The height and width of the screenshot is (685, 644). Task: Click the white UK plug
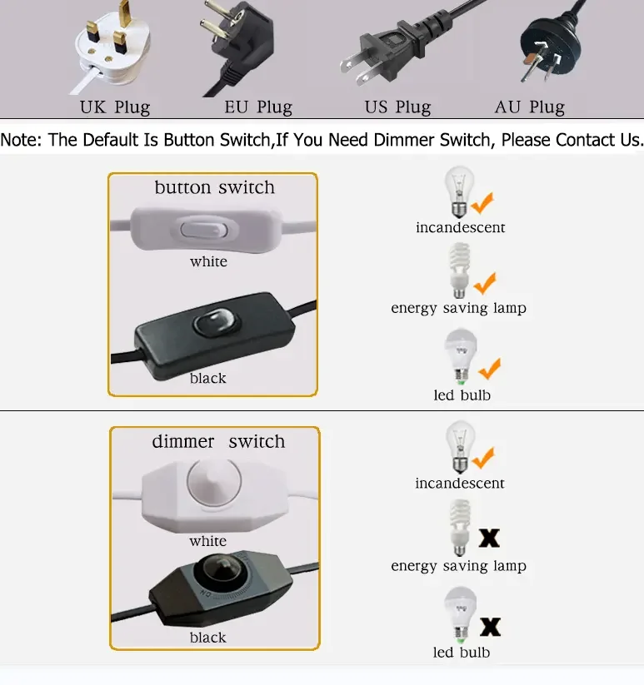tap(112, 48)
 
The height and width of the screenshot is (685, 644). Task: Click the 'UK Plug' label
tap(115, 107)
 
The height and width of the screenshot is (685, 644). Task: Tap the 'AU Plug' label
tap(530, 107)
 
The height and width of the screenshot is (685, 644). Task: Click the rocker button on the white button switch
tap(203, 230)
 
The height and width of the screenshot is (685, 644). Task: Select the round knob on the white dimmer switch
tap(214, 480)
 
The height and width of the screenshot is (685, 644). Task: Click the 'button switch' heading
tap(215, 187)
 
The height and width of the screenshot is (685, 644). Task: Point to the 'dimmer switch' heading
tap(218, 441)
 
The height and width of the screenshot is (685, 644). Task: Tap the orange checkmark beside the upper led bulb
tap(490, 369)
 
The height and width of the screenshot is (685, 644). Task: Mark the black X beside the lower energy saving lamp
tap(489, 539)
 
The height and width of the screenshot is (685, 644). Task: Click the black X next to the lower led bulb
tap(490, 627)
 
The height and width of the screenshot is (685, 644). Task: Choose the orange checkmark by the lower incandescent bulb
tap(483, 458)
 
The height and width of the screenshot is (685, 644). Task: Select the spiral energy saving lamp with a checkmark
tap(459, 271)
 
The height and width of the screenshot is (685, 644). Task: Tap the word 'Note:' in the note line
tap(21, 140)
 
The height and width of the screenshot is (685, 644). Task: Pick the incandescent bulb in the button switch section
tap(458, 191)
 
